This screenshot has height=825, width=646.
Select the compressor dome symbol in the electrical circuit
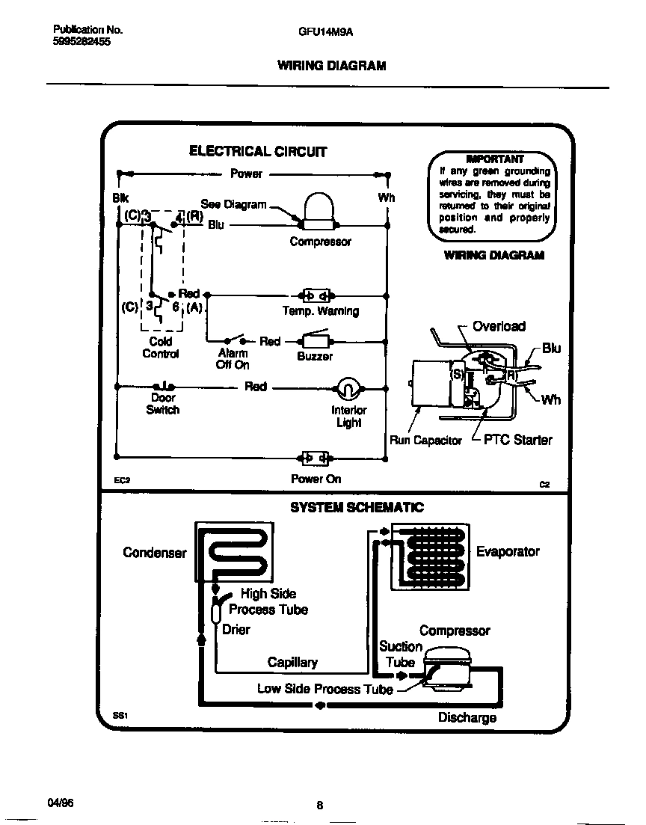319,211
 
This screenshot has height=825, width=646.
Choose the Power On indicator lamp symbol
315,457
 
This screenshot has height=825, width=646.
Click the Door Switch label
162,404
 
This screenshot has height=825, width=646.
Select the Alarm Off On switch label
233,359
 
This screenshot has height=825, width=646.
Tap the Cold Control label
160,348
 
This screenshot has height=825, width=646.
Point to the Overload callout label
499,326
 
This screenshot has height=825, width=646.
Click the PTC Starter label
517,440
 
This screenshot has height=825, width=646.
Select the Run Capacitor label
425,441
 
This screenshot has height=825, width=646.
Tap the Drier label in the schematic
236,629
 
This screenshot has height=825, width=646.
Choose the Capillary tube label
292,662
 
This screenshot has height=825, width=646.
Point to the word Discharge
467,718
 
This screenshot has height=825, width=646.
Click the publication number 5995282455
82,42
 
